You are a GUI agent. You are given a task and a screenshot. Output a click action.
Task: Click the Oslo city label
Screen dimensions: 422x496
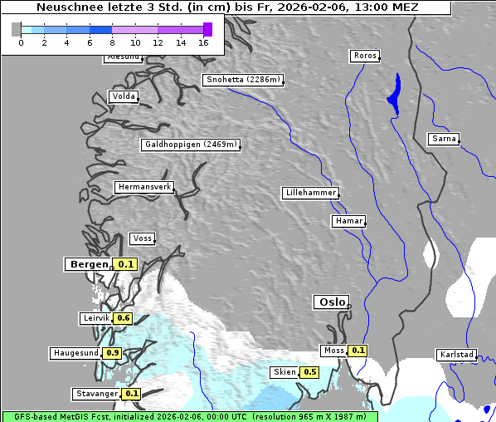[x=330, y=302]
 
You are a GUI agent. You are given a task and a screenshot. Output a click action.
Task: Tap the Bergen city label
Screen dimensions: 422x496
[x=87, y=264]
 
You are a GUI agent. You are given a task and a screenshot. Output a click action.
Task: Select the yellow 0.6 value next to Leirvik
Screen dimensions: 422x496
[x=124, y=318]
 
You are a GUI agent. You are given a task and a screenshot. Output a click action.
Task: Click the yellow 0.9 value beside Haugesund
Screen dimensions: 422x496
[x=113, y=353]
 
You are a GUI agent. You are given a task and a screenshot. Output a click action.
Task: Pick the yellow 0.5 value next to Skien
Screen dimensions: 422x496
[x=309, y=372]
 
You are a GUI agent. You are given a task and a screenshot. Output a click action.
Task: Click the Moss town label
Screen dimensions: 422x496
[x=334, y=351]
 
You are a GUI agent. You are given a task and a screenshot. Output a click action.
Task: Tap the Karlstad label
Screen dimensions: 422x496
[x=456, y=355]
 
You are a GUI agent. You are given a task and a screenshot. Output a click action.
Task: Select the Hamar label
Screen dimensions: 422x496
[x=348, y=221]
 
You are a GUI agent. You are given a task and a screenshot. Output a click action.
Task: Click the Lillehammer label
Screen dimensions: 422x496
[x=310, y=193]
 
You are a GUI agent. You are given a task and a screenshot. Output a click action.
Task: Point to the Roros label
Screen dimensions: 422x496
[x=364, y=56]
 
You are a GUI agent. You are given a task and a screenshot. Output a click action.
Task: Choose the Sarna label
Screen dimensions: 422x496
[x=444, y=139]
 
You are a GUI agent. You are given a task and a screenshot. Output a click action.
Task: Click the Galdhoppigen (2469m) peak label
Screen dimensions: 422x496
[x=191, y=145]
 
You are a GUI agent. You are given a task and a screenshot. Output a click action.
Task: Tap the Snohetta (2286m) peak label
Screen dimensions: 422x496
[x=243, y=80]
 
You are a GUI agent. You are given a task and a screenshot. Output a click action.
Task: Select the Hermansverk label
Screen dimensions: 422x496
[x=144, y=188]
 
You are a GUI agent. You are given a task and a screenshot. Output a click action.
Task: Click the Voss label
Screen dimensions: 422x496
[x=142, y=238]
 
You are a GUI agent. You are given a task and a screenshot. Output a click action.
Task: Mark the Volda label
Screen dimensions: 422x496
[x=123, y=96]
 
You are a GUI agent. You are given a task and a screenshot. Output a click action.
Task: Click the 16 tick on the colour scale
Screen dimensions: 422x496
[x=204, y=42]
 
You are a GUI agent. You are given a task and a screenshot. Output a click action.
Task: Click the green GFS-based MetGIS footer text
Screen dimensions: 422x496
[x=189, y=416]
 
